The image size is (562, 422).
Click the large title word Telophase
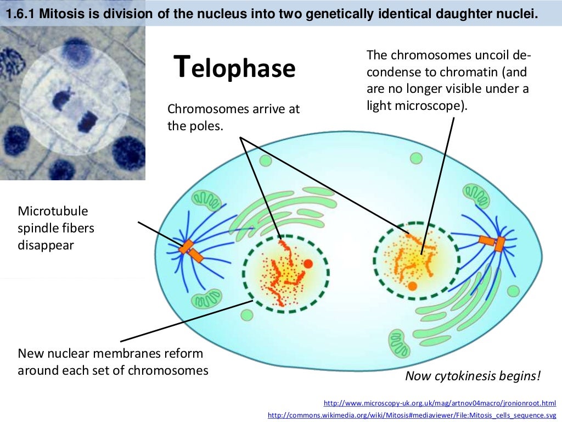click(234, 68)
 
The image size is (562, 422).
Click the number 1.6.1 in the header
click(20, 16)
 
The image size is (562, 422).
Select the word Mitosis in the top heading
click(60, 16)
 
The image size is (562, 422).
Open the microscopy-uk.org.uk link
click(440, 403)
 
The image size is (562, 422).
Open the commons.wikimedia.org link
click(412, 415)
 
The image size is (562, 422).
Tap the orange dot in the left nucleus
click(308, 264)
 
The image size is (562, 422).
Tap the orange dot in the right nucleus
click(412, 286)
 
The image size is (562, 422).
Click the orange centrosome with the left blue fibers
click(190, 251)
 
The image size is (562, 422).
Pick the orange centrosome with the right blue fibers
click(493, 242)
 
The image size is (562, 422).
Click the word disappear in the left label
click(46, 245)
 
